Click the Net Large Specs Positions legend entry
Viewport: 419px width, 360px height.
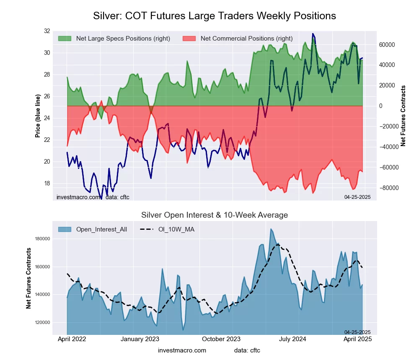coord(123,39)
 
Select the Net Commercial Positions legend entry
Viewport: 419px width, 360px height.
coord(246,39)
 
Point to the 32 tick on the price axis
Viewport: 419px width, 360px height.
coord(47,31)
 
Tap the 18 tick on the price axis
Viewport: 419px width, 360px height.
coord(47,183)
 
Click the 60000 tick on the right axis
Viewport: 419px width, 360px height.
coord(388,45)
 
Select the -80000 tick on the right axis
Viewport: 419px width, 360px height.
coord(388,188)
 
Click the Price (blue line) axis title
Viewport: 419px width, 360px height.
coord(38,116)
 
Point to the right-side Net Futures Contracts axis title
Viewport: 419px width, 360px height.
coord(403,116)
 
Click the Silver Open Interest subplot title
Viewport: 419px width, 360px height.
coord(215,215)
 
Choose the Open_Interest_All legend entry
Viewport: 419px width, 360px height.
coord(101,229)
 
